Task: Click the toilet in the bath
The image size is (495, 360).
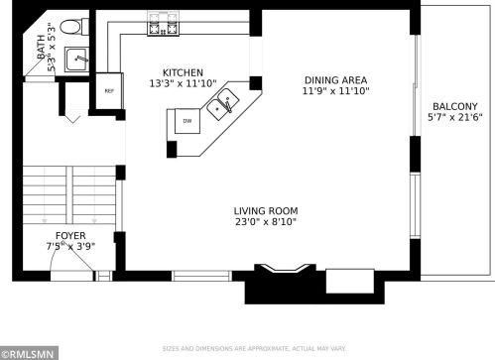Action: click(74, 27)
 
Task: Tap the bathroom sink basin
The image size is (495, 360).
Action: click(76, 60)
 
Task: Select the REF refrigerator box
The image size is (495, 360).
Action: click(109, 91)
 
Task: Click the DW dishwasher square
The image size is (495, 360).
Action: click(187, 121)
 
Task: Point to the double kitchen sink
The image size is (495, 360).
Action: click(223, 104)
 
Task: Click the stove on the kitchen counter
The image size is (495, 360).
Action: click(164, 23)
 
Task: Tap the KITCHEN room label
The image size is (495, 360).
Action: click(183, 72)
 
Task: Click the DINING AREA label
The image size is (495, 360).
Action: click(335, 80)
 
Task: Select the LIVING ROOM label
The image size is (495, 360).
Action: click(266, 211)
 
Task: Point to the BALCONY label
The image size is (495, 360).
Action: click(455, 107)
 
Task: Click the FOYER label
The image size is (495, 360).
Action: click(70, 236)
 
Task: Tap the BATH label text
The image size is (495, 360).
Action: click(41, 47)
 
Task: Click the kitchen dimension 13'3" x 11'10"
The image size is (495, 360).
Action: click(183, 83)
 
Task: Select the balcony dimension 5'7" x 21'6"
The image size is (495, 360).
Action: click(455, 117)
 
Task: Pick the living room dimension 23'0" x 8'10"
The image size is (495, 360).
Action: click(266, 221)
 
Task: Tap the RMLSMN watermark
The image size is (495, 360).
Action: click(29, 354)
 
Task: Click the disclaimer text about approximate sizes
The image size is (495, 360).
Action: click(254, 349)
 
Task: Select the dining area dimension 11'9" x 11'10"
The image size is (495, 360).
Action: click(335, 91)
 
